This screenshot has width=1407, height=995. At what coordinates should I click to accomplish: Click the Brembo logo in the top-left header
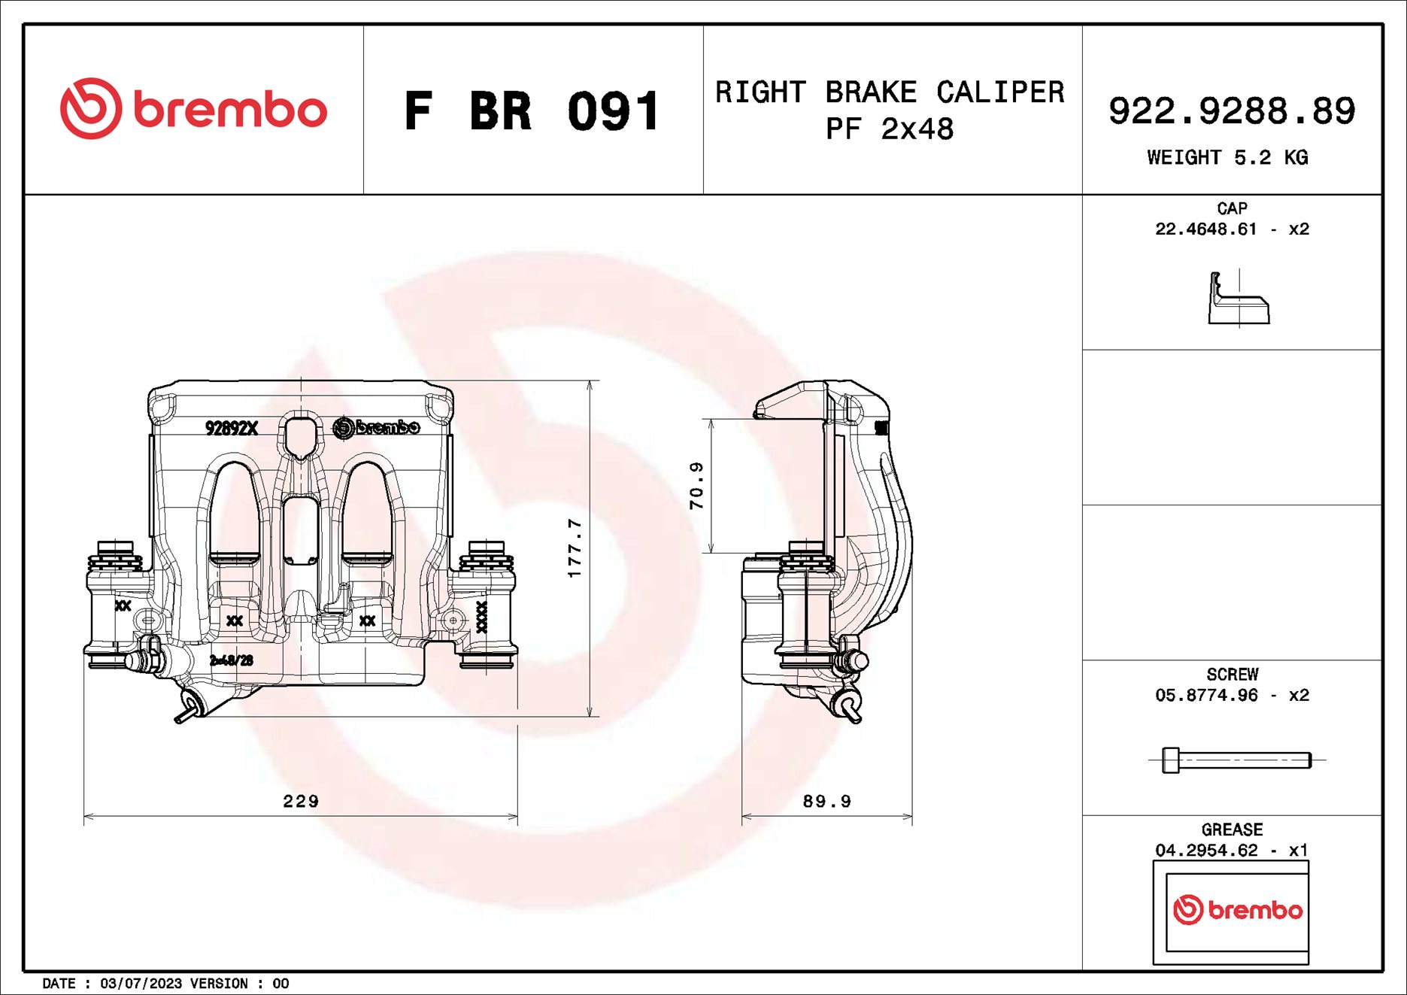coord(193,109)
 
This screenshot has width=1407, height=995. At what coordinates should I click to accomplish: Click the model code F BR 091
coord(532,112)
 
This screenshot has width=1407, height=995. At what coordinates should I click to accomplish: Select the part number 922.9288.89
coord(1231,111)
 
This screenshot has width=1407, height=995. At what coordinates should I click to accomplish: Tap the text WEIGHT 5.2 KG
coord(1227,158)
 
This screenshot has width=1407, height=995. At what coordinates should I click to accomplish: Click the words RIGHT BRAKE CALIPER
coord(889,93)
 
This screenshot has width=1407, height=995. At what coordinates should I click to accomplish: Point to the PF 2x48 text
coord(889,129)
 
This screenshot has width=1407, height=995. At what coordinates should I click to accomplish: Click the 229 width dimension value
coord(301,801)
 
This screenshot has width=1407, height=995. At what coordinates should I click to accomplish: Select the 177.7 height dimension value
coord(575,548)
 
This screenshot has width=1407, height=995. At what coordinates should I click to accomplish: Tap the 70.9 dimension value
coord(697,486)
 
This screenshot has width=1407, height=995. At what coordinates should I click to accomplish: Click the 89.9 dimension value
coord(826,801)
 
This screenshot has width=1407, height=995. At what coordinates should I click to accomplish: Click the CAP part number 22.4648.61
coord(1205,229)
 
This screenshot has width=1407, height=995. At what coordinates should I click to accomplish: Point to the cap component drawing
coord(1238,300)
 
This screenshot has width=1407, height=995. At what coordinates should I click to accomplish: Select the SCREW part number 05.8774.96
coord(1205,696)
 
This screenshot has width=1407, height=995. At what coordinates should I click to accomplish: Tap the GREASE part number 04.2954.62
coord(1205,851)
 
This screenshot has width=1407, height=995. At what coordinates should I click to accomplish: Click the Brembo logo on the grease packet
coord(1237,910)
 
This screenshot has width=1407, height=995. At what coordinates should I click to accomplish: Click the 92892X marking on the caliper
coord(232,428)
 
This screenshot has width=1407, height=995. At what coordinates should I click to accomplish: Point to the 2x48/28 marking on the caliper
coord(232,660)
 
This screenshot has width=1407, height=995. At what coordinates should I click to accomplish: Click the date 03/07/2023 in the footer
coord(141,984)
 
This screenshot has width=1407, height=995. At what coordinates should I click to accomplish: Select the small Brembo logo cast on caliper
coord(376,427)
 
